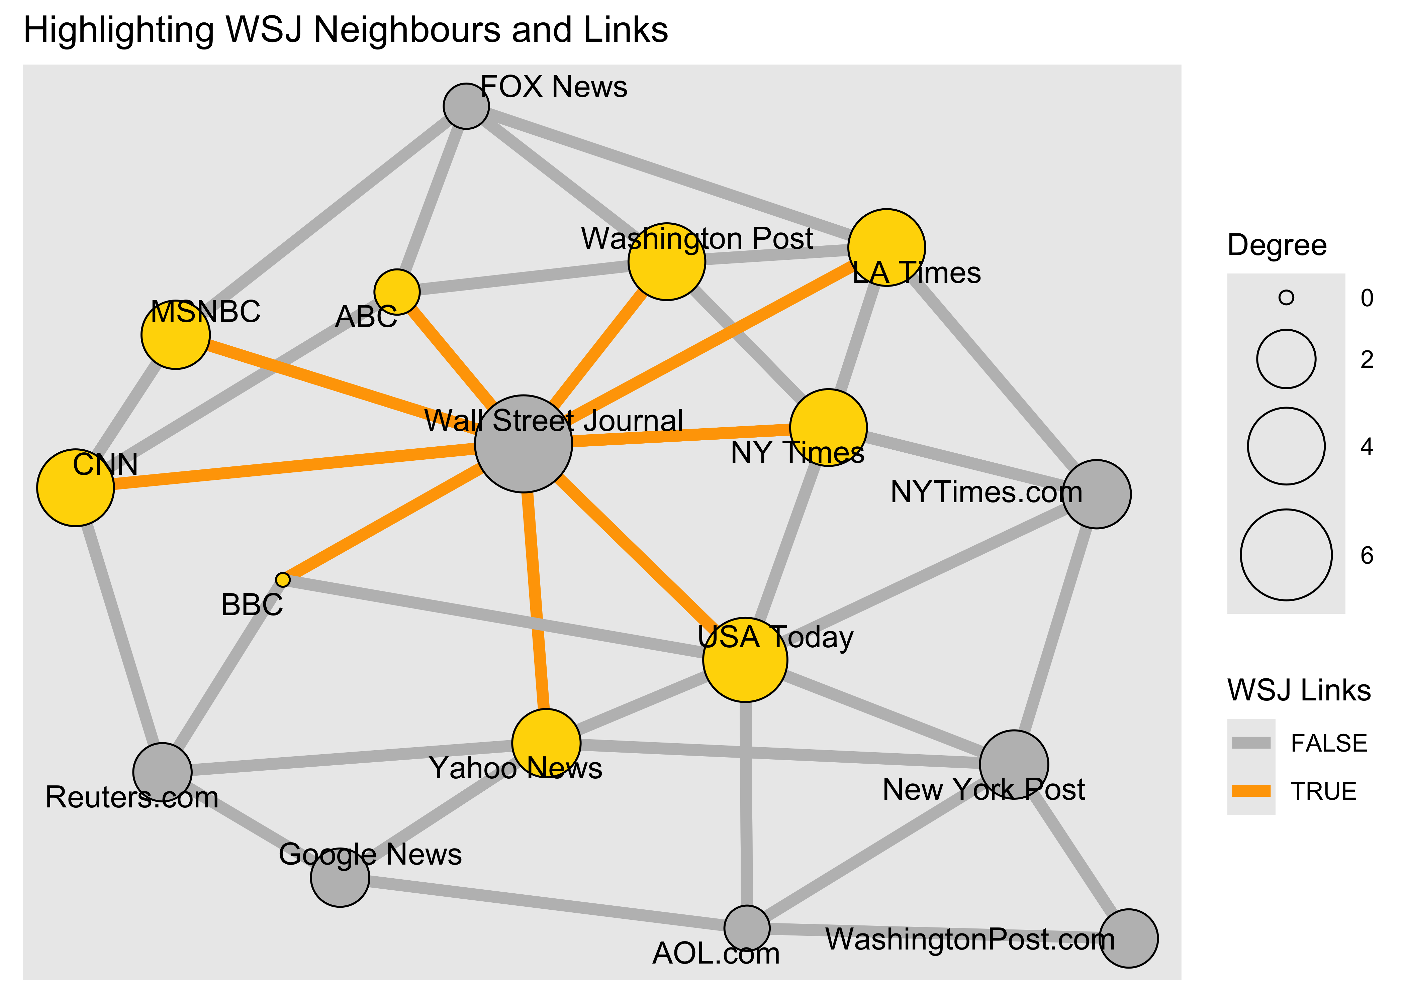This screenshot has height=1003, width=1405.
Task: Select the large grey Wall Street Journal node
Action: pos(523,443)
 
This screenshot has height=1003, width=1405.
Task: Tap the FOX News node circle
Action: pos(466,106)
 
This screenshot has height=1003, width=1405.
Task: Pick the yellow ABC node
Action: pos(397,292)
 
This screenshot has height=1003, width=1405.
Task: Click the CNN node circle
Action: pos(75,487)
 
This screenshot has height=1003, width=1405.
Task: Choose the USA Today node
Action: pos(745,660)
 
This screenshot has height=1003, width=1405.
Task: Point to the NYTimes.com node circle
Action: pos(1097,494)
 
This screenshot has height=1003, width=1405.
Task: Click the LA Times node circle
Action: pos(886,247)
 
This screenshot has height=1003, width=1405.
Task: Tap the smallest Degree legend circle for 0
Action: pos(1286,298)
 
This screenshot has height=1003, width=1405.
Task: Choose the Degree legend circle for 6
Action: pos(1286,555)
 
